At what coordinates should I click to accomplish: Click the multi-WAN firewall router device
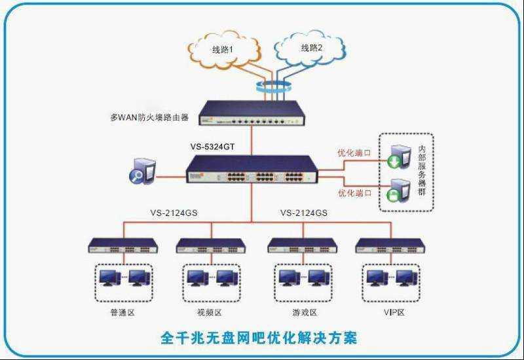[252, 113]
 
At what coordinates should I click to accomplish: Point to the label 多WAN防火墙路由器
[149, 118]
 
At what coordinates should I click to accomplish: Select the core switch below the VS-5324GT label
[252, 170]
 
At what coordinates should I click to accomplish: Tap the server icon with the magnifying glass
[145, 171]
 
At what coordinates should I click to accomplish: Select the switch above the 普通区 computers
[124, 246]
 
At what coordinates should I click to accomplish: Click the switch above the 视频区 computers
[211, 246]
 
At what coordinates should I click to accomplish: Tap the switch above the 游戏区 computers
[302, 246]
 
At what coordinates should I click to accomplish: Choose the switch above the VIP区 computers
[390, 246]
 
